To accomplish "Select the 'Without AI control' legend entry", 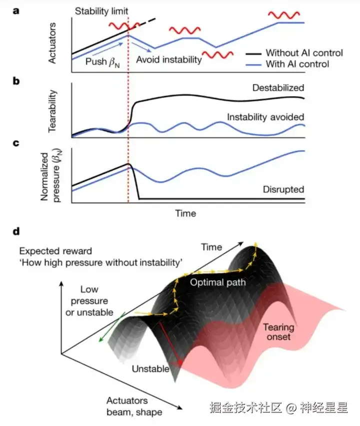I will point(304,53).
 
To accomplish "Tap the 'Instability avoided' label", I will point(265,117).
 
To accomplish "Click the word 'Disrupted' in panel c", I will point(283,190).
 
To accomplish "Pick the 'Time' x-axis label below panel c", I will point(185,214).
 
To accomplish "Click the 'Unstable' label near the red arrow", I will point(150,369).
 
